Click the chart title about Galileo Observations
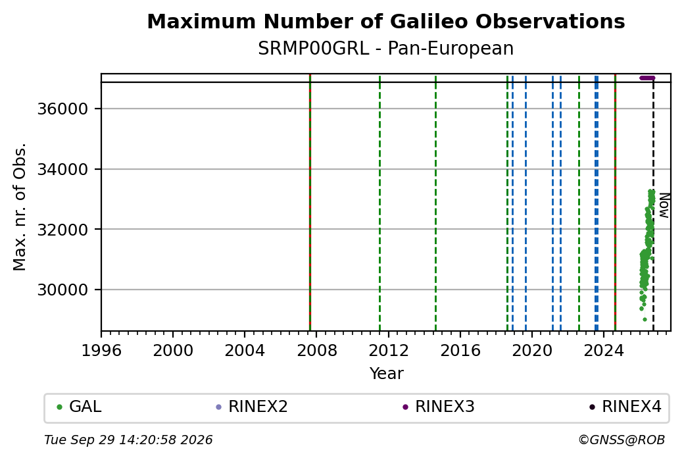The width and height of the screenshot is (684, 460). [385, 21]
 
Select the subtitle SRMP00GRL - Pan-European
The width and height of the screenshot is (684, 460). [385, 48]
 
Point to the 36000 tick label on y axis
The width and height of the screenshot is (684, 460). [63, 109]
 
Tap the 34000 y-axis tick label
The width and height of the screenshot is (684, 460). [63, 169]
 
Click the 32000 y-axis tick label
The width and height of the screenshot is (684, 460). [63, 230]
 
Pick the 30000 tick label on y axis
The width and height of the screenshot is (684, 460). [63, 290]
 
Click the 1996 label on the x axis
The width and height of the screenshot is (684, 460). [101, 351]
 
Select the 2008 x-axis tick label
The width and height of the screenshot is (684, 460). [317, 351]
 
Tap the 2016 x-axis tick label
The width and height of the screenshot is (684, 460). [460, 351]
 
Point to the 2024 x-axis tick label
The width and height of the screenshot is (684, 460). [604, 351]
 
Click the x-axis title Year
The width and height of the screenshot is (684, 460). [386, 374]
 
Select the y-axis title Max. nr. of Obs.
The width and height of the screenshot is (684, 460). [20, 207]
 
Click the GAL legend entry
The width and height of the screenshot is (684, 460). [79, 407]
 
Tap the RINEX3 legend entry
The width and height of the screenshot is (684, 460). [439, 407]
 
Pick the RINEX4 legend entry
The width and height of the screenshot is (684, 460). [625, 407]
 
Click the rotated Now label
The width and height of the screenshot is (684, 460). [664, 205]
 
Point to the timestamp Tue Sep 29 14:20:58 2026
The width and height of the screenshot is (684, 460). [128, 440]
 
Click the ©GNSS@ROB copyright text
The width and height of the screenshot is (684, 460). [622, 440]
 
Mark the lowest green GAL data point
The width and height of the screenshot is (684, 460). [645, 319]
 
